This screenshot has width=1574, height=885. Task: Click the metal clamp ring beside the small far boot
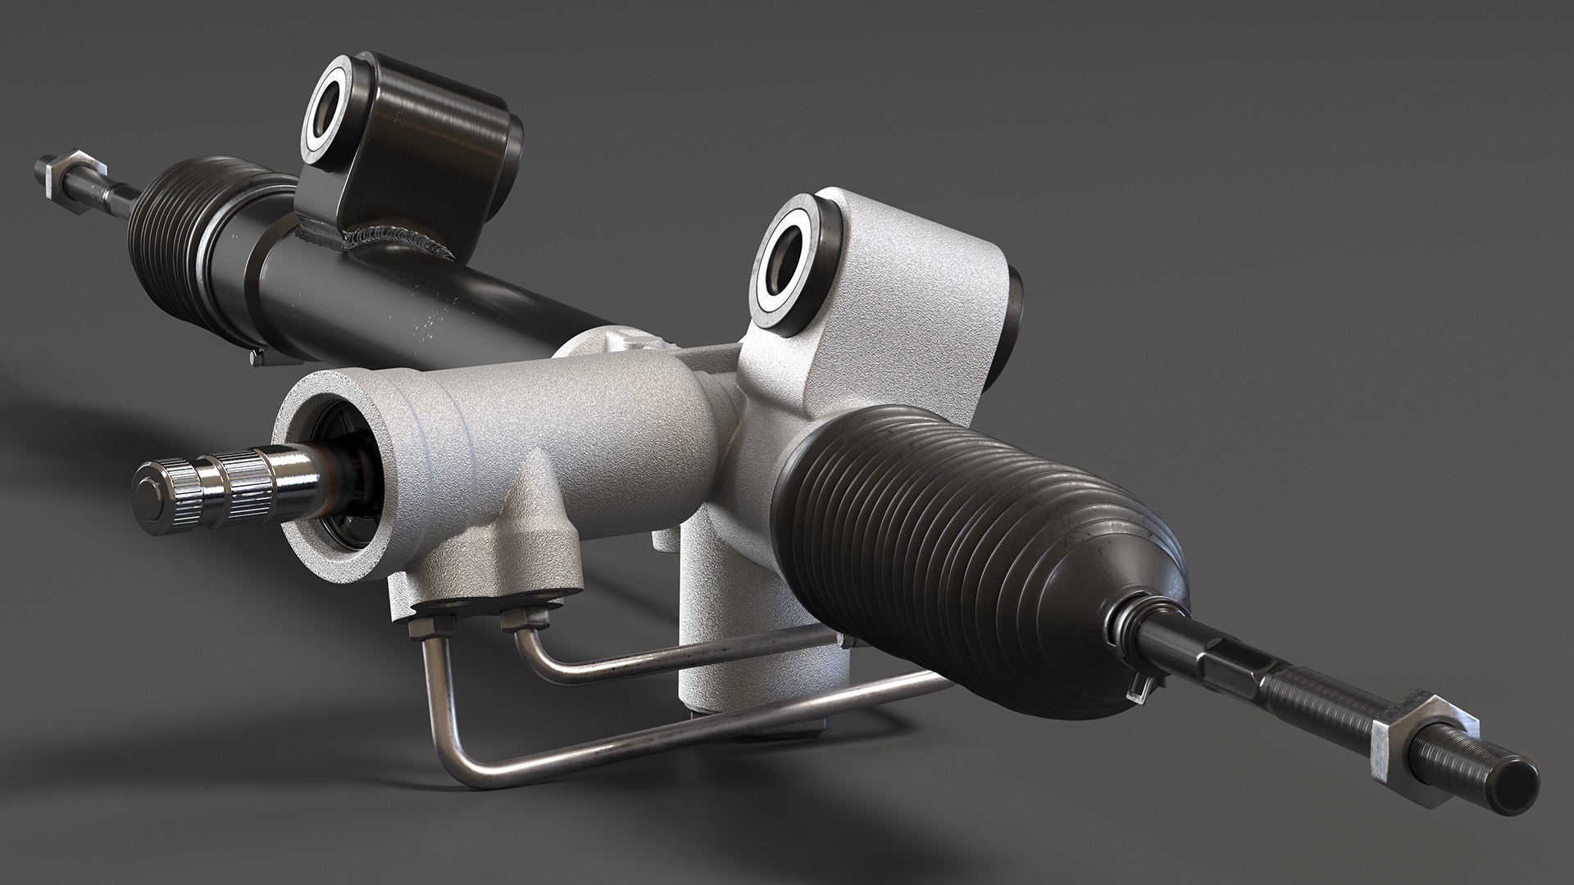(x=209, y=246)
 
